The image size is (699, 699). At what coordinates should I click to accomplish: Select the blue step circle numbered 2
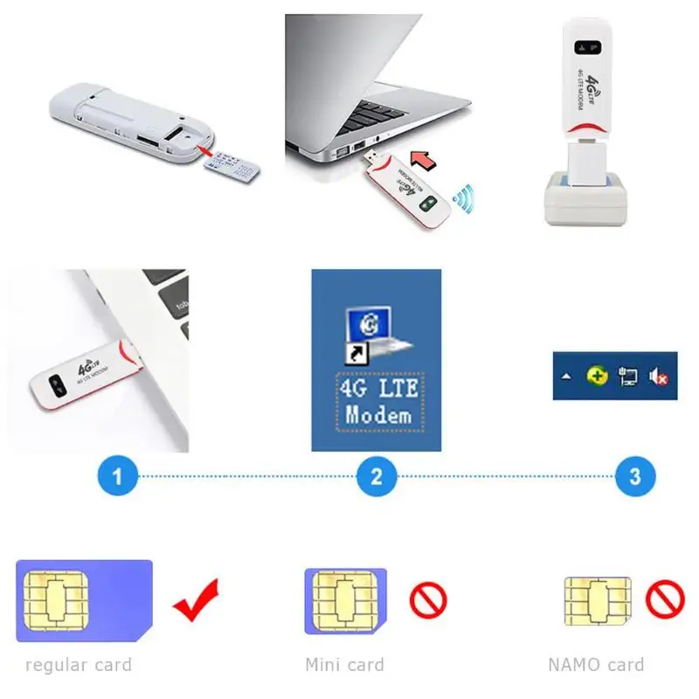click(x=377, y=477)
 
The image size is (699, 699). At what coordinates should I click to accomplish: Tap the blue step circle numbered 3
click(x=635, y=477)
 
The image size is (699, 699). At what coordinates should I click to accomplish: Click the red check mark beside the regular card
click(x=196, y=600)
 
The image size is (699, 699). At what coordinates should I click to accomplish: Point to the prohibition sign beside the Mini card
click(x=428, y=600)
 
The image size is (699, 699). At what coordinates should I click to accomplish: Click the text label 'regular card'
click(x=79, y=665)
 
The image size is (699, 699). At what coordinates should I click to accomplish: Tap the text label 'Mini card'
click(x=344, y=665)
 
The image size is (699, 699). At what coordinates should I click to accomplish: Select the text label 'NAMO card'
click(x=596, y=665)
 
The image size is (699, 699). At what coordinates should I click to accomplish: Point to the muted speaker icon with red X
click(x=658, y=377)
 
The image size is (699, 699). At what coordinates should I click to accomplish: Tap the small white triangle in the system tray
click(x=567, y=377)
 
